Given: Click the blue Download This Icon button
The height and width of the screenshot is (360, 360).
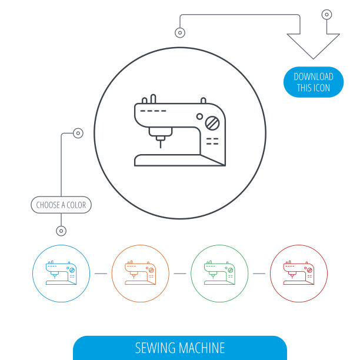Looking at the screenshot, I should point(313,82).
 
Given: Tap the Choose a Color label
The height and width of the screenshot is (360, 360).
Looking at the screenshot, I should point(61,205).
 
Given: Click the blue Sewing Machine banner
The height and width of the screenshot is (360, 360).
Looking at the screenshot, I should point(179,348).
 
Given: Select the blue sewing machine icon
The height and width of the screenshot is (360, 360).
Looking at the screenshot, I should point(61,274).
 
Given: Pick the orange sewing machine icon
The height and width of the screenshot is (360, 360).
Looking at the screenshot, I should point(140,274).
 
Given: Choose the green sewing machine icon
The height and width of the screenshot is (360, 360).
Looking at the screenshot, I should point(219,274).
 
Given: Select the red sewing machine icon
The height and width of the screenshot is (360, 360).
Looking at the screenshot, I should point(299,274).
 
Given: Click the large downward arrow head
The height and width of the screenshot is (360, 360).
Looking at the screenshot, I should point(313,45).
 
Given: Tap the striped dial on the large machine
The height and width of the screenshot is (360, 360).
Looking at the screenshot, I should point(212,123).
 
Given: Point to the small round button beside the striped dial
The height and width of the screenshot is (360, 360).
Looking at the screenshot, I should point(199,116).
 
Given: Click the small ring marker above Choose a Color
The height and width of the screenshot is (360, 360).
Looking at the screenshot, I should point(78,134).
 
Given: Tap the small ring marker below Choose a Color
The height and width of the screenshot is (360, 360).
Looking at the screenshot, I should point(61,231).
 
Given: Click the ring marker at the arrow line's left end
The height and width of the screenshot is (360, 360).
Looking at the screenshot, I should point(180,32).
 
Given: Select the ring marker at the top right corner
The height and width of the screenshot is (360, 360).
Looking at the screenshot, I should point(326,14).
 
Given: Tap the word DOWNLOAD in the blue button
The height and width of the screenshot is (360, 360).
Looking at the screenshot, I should point(313,76).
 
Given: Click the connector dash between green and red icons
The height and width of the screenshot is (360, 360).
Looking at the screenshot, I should point(259,274).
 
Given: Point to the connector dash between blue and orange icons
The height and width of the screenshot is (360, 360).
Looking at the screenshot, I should point(101,274).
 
